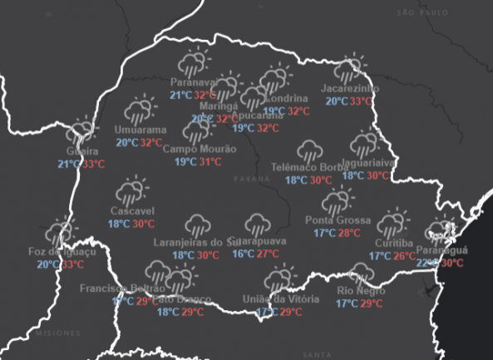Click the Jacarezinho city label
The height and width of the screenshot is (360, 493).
pyautogui.click(x=350, y=88)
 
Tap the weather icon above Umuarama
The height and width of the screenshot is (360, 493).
pyautogui.click(x=140, y=111)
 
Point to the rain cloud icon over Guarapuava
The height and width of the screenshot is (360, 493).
pyautogui.click(x=257, y=224)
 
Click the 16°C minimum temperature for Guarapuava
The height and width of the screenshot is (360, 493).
pyautogui.click(x=244, y=254)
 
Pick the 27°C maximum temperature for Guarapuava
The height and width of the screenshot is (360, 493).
pyautogui.click(x=268, y=254)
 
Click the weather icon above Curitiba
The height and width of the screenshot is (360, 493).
pyautogui.click(x=391, y=224)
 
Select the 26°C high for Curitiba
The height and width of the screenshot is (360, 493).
pyautogui.click(x=404, y=256)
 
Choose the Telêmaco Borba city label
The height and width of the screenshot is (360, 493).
pyautogui.click(x=309, y=167)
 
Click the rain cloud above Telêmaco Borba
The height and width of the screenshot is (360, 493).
pyautogui.click(x=310, y=151)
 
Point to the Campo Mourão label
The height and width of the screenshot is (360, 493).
pyautogui.click(x=199, y=149)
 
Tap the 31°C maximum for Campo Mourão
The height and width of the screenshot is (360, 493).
pyautogui.click(x=210, y=161)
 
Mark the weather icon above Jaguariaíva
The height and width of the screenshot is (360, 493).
pyautogui.click(x=365, y=145)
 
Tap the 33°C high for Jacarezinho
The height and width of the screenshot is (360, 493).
pyautogui.click(x=361, y=101)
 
